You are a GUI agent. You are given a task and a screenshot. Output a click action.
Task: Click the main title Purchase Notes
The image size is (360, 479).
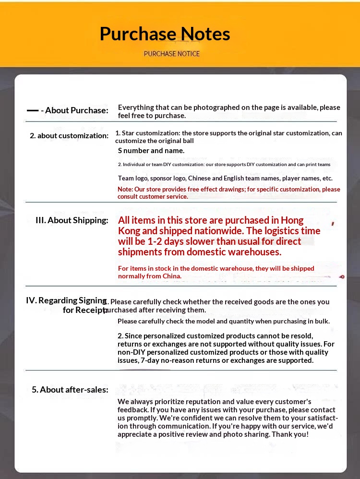(x=165, y=34)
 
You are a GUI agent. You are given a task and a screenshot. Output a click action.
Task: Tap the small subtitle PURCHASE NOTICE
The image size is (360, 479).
(x=171, y=54)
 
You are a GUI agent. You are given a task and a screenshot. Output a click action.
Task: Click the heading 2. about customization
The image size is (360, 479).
(x=69, y=136)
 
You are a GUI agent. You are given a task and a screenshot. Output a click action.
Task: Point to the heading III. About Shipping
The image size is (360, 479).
(x=72, y=220)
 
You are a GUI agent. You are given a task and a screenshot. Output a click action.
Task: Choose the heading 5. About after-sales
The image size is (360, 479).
(x=70, y=390)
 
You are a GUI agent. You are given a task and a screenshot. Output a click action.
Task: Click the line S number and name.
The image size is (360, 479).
(x=151, y=151)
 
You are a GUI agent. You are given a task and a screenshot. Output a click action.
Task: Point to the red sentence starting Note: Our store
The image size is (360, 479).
(x=228, y=192)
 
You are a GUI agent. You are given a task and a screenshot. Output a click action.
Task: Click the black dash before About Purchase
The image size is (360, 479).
(x=33, y=110)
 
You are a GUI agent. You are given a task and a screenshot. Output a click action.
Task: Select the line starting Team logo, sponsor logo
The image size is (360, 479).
(x=225, y=178)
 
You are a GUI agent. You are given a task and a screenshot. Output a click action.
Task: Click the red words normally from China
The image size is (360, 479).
(x=149, y=276)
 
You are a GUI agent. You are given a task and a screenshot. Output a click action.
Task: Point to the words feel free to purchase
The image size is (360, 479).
(x=152, y=116)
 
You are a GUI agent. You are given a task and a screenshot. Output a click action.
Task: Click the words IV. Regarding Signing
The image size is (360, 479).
(x=66, y=300)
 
